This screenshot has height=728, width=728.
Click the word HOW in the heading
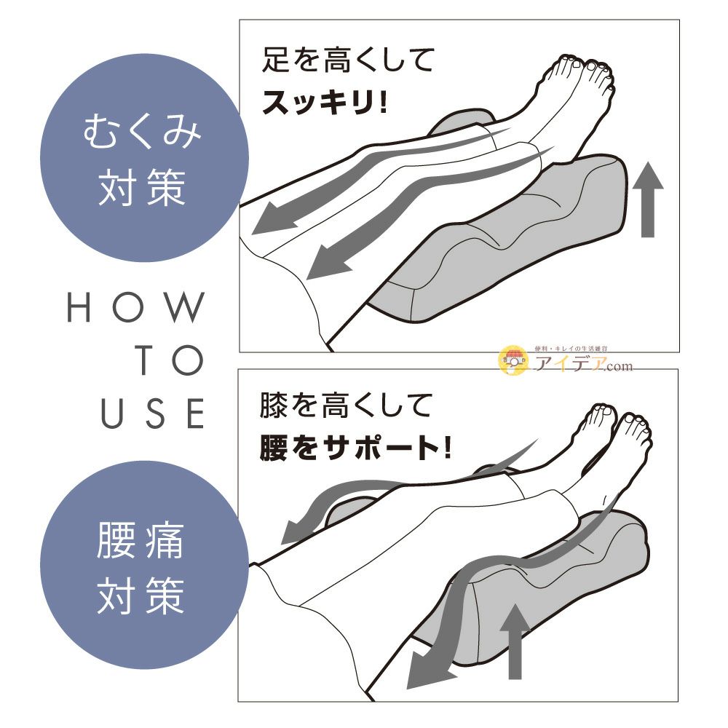point(135,308)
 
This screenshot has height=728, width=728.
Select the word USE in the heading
point(154,414)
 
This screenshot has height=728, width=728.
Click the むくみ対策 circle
point(143,158)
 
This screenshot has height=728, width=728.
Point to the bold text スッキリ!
point(325,103)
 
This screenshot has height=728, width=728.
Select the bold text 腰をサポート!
point(356,448)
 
